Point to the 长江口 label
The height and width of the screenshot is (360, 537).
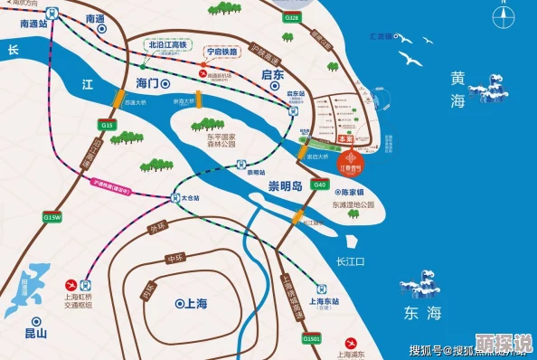click(x=349, y=261)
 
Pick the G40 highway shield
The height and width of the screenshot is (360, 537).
click(x=319, y=185)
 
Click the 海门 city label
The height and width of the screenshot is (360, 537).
click(x=146, y=83)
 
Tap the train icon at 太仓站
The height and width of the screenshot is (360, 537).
click(x=173, y=197)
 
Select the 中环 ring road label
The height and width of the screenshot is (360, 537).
click(x=174, y=260)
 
